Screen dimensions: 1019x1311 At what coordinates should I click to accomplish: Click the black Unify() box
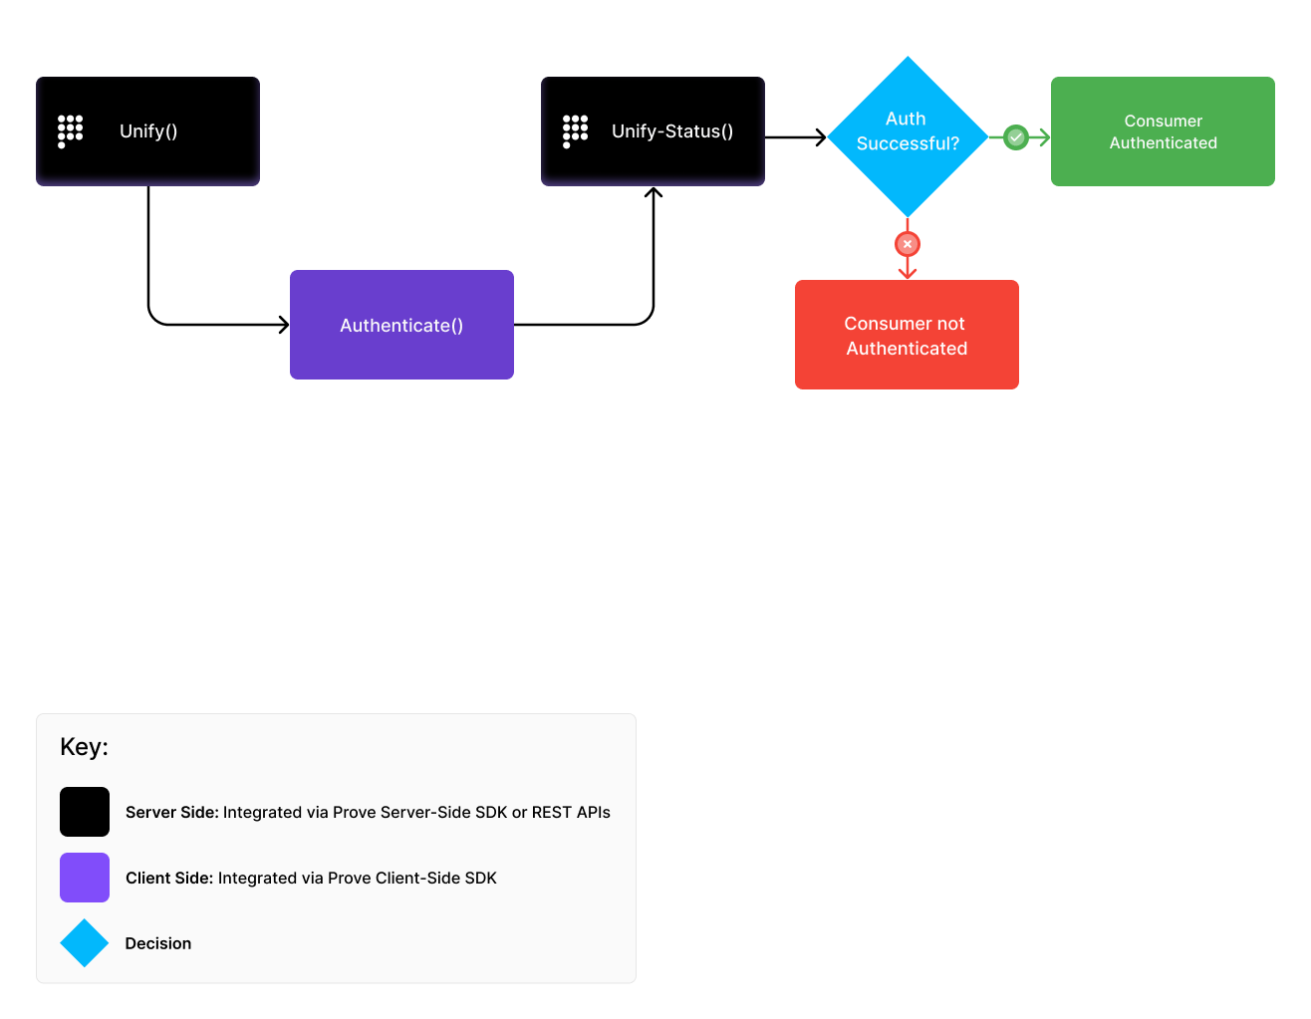147,131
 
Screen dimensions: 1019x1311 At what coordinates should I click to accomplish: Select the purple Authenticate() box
401,325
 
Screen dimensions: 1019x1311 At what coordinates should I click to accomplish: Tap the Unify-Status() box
653,131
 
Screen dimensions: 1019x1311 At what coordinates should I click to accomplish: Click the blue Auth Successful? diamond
908,136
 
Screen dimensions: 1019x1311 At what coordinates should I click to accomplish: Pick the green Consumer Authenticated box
1163,131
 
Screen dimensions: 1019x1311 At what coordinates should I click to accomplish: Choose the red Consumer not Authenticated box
907,335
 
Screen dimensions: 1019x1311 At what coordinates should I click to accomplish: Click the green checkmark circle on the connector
1015,137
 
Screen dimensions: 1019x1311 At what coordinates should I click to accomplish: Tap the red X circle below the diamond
908,244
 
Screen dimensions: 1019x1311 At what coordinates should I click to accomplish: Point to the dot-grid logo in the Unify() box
70,130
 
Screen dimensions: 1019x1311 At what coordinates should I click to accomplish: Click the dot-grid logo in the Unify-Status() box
575,130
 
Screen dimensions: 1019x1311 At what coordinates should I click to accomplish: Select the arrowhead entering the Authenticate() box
284,325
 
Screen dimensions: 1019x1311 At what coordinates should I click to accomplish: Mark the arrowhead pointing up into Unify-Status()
654,193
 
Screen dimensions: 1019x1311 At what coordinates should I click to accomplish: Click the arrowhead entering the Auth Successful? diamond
821,137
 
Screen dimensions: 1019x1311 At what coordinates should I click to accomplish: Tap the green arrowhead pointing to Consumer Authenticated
1044,137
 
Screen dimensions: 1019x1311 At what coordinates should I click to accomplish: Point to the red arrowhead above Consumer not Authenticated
908,272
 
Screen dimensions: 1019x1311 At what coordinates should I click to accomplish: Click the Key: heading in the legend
84,747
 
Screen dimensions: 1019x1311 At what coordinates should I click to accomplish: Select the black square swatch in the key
85,812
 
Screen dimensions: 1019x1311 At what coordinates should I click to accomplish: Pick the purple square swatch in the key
85,878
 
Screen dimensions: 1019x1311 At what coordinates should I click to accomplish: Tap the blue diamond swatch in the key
85,943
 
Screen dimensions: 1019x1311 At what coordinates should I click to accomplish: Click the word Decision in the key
158,943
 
